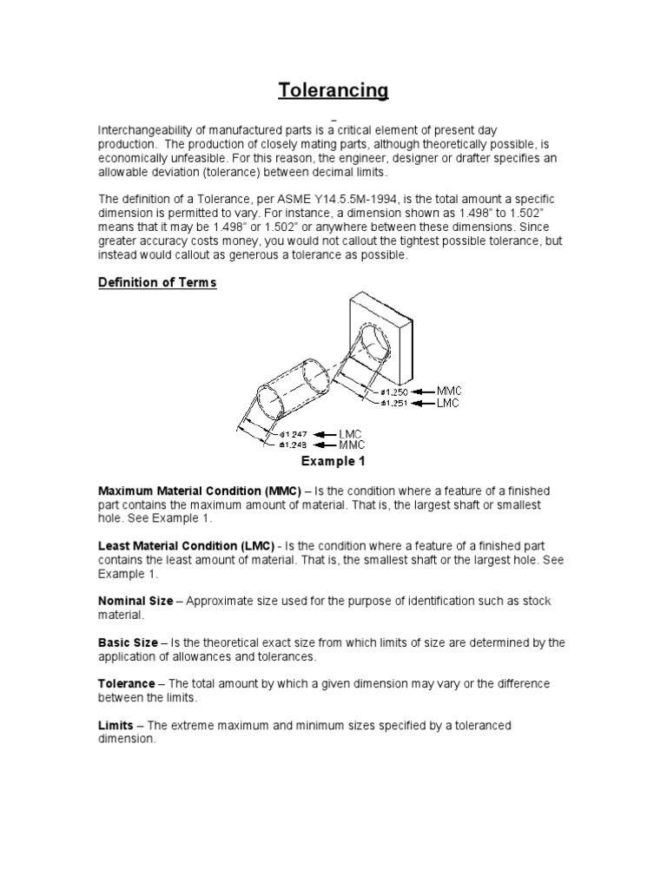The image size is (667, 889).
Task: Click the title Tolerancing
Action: [x=333, y=90]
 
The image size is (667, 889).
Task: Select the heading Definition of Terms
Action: [x=156, y=284]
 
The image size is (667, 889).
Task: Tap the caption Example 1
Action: [x=333, y=460]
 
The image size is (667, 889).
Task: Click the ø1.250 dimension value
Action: [x=393, y=392]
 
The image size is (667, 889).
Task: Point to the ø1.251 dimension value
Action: [x=393, y=402]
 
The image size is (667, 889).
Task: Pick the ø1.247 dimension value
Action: [x=294, y=433]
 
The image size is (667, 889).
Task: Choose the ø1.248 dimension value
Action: [x=294, y=444]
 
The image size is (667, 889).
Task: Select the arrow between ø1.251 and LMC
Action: [x=422, y=403]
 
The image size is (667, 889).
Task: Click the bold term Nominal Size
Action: [x=135, y=601]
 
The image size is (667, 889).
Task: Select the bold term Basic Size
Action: [x=127, y=642]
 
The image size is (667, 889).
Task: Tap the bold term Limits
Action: [x=115, y=725]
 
